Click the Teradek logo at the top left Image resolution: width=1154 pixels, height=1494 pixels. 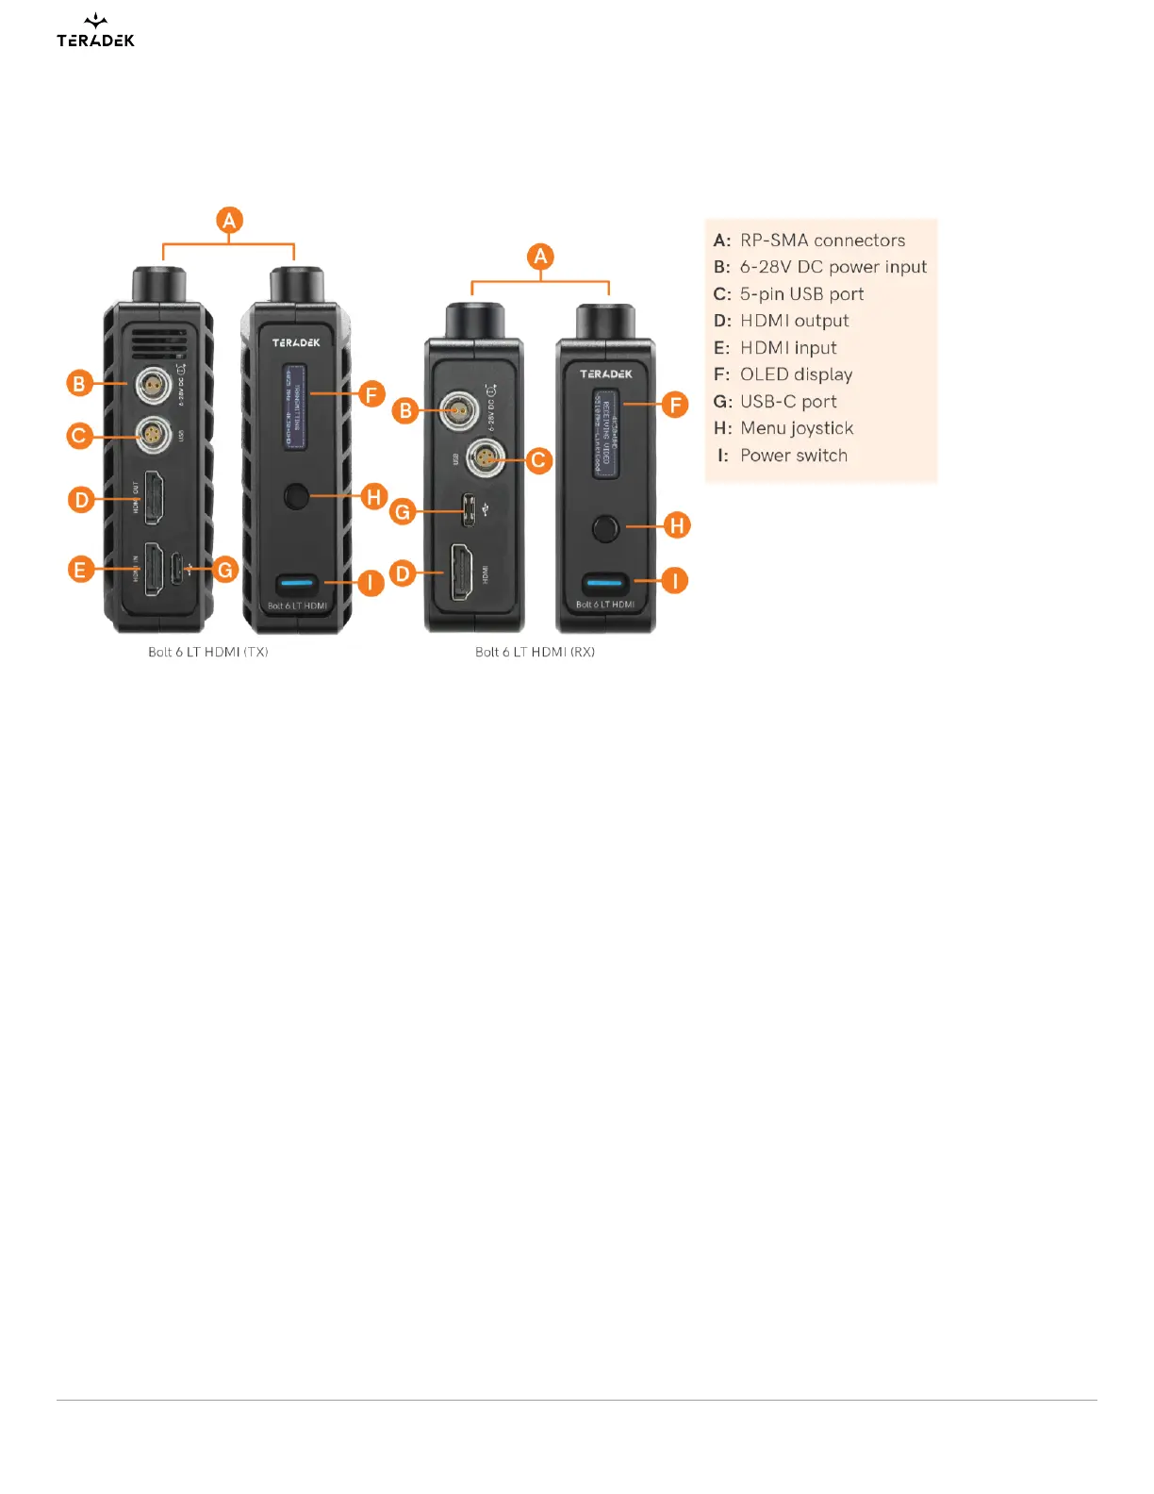(95, 32)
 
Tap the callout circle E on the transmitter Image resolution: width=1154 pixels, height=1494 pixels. (80, 569)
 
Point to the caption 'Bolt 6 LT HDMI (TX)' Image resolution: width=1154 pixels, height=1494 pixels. (207, 652)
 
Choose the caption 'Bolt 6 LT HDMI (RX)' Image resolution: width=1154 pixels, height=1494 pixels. (535, 652)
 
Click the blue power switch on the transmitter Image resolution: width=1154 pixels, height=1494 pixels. (297, 584)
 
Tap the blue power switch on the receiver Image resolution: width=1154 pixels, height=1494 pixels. (605, 582)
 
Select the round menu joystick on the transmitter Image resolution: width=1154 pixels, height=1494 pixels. (296, 495)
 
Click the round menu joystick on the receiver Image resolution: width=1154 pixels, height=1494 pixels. (605, 528)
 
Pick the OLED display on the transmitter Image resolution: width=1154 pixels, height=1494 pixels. (295, 407)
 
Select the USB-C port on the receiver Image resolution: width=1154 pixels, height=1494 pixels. (468, 510)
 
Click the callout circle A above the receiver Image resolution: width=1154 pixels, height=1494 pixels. (540, 257)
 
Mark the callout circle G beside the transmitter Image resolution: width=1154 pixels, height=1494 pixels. (224, 570)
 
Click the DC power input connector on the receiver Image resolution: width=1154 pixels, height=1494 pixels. (458, 411)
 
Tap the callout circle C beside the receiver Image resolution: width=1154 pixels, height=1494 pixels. (538, 460)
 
